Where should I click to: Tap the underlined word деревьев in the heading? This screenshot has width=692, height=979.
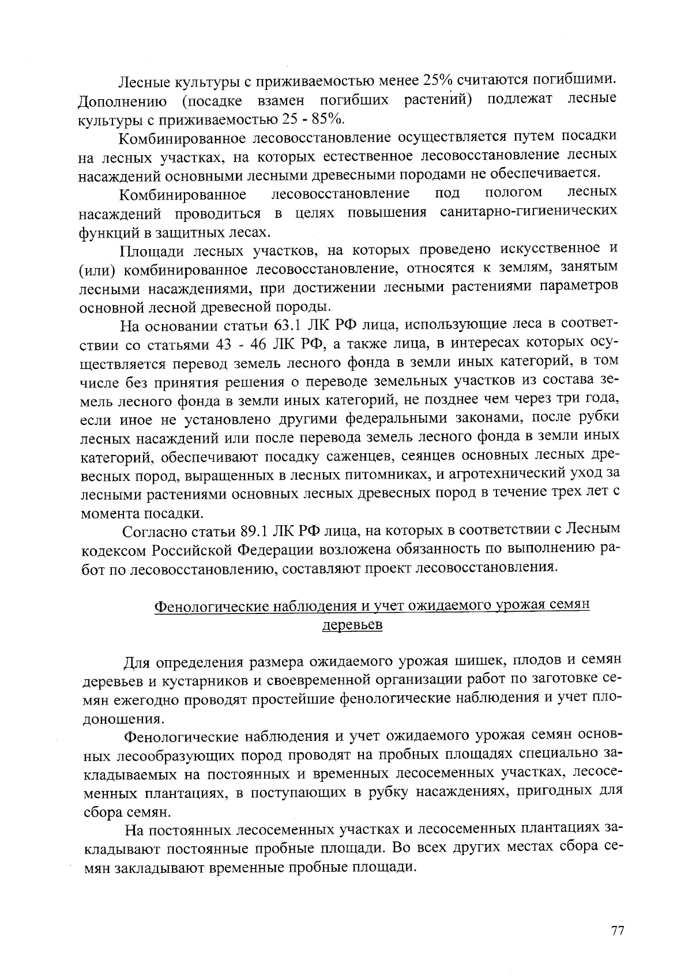(351, 625)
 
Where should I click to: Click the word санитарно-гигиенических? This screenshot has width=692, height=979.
(528, 212)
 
